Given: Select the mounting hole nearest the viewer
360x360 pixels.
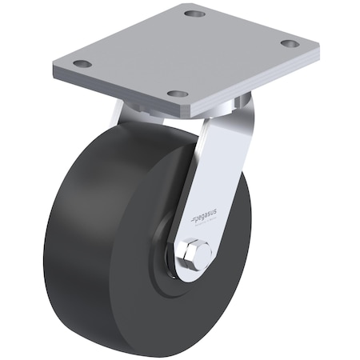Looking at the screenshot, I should (177, 94).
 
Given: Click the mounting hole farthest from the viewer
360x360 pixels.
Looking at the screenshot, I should (194, 14).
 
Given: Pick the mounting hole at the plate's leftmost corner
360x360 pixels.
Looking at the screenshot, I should (81, 63).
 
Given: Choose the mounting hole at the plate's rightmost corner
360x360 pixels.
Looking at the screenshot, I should (290, 43).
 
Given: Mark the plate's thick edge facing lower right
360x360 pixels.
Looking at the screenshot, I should (256, 80).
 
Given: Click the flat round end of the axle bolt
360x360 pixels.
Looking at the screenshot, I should (198, 254).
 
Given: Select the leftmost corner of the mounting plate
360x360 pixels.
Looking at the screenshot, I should (56, 67).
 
